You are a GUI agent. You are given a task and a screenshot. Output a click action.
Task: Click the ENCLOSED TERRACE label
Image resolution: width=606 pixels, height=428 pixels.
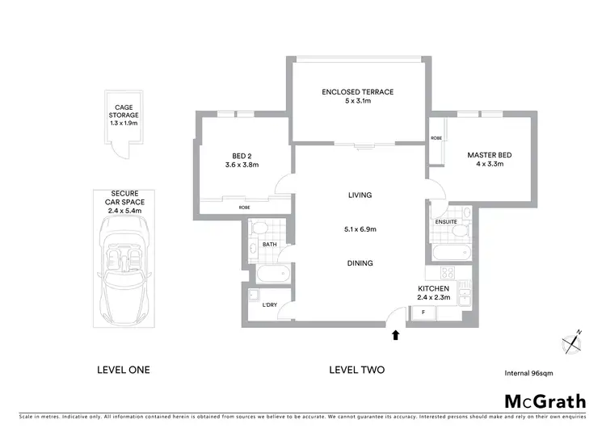[x=357, y=92]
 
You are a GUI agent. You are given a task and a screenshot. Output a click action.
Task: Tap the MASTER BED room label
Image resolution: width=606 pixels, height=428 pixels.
[x=490, y=155]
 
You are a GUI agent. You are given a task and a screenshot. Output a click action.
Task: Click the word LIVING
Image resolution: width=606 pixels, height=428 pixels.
[x=360, y=195]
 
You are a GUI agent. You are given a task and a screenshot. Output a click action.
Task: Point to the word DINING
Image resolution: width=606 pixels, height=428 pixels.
[x=360, y=262]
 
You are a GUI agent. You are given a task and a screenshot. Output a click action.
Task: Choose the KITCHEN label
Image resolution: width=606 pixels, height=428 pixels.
[x=433, y=288]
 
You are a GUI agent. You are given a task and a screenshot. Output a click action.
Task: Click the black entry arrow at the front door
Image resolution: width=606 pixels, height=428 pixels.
[x=396, y=334]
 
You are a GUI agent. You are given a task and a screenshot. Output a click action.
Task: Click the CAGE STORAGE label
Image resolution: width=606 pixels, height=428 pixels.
[x=124, y=111]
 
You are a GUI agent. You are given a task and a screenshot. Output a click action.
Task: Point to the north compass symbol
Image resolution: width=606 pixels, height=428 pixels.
[x=572, y=343]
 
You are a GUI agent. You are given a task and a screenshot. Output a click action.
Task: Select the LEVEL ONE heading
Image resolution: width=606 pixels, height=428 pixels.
[x=123, y=370]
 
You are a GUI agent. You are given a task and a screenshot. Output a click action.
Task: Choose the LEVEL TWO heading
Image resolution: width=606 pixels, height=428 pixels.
[x=356, y=370]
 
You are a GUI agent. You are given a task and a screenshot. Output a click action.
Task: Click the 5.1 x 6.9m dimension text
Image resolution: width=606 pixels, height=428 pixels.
[x=360, y=229]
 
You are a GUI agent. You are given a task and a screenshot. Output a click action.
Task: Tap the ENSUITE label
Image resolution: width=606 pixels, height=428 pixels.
[x=446, y=220]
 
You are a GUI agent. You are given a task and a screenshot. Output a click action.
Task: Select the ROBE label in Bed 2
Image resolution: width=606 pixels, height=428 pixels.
[x=244, y=208]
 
